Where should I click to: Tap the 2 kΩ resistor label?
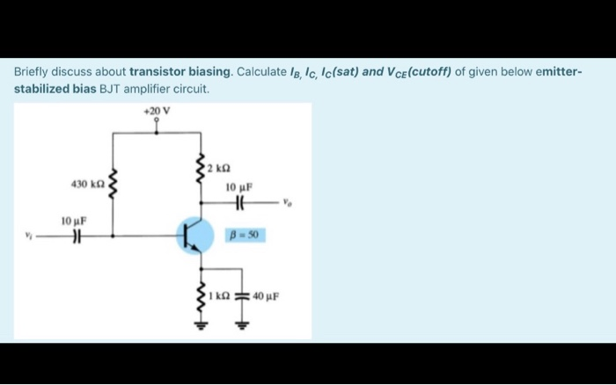point(220,166)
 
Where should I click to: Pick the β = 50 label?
point(245,236)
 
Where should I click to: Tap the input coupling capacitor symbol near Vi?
point(76,236)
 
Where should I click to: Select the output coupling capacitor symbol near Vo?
point(238,201)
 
